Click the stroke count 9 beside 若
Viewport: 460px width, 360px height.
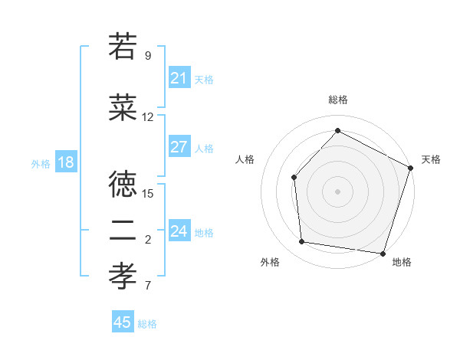(x=147, y=56)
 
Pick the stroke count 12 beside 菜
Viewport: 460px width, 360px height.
(x=148, y=117)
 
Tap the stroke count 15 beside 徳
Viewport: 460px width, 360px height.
(x=148, y=193)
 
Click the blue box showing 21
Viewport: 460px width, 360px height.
(x=179, y=78)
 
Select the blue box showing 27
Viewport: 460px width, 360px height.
(x=179, y=147)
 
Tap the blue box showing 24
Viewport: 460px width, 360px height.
(x=179, y=231)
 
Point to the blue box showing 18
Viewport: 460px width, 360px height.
(x=65, y=162)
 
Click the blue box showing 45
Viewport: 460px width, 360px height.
(x=123, y=322)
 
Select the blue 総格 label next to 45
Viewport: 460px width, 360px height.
(x=148, y=324)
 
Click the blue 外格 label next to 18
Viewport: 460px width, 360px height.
(x=41, y=163)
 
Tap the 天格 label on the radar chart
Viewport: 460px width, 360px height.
(x=431, y=159)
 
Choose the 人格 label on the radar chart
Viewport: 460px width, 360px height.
(x=245, y=159)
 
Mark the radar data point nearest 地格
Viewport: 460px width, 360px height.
(x=383, y=253)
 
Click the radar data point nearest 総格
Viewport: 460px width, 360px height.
(x=337, y=130)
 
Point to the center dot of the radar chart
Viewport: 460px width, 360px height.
(x=337, y=191)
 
